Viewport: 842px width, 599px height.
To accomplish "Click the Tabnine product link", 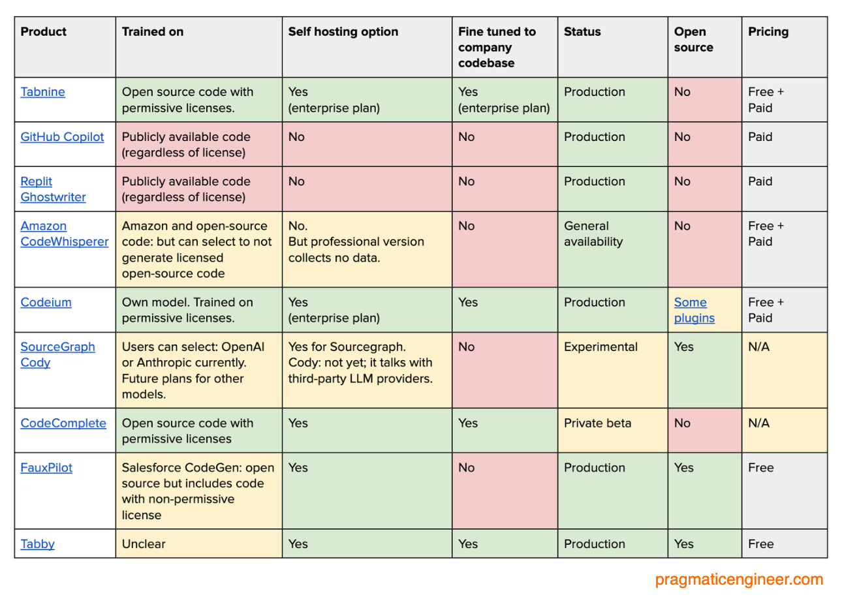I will pos(42,92).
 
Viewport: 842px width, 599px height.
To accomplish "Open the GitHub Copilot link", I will pos(62,137).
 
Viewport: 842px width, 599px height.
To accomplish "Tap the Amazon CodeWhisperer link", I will pos(64,234).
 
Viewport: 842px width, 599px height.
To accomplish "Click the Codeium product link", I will pos(46,302).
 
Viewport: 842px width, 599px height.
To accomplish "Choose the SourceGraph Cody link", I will pos(57,354).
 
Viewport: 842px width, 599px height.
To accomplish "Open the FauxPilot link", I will pos(46,468).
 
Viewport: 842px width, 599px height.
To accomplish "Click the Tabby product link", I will pos(37,544).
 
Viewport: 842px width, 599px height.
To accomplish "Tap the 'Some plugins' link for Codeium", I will pos(694,310).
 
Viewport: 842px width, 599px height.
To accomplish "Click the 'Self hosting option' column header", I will pos(343,32).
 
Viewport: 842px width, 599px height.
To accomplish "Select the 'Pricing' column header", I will pos(768,32).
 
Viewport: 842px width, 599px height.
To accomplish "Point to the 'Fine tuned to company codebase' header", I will pos(496,47).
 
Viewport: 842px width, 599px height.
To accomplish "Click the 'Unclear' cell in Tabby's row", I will pos(144,544).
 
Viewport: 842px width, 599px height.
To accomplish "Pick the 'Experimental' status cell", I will pos(600,347).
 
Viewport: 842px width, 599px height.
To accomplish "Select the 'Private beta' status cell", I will pos(597,423).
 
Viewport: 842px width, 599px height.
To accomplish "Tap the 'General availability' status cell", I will pos(593,234).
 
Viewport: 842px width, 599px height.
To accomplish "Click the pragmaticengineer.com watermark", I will pos(739,579).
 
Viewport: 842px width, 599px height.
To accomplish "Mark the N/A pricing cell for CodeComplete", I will pos(758,423).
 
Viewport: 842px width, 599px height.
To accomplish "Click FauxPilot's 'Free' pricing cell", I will pos(760,468).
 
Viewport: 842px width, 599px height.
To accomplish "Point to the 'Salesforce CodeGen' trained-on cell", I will pos(198,491).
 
